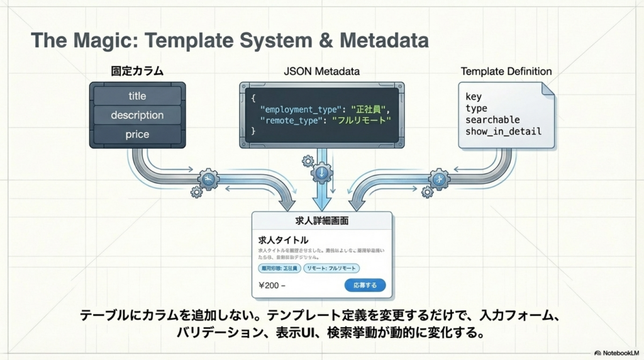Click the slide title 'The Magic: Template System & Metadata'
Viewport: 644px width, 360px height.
point(230,41)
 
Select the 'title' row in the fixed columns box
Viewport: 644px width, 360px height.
point(137,96)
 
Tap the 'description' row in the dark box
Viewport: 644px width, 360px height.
point(137,115)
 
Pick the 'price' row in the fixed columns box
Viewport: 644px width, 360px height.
point(137,134)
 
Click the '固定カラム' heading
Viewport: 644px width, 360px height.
point(137,71)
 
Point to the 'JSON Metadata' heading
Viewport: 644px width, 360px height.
point(321,71)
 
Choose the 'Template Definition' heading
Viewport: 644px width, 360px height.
point(506,71)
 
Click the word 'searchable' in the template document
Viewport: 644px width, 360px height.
point(492,120)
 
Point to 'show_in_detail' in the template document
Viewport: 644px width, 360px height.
point(503,132)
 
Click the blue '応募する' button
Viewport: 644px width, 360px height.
point(365,285)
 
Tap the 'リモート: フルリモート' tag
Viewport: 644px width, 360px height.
point(331,268)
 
